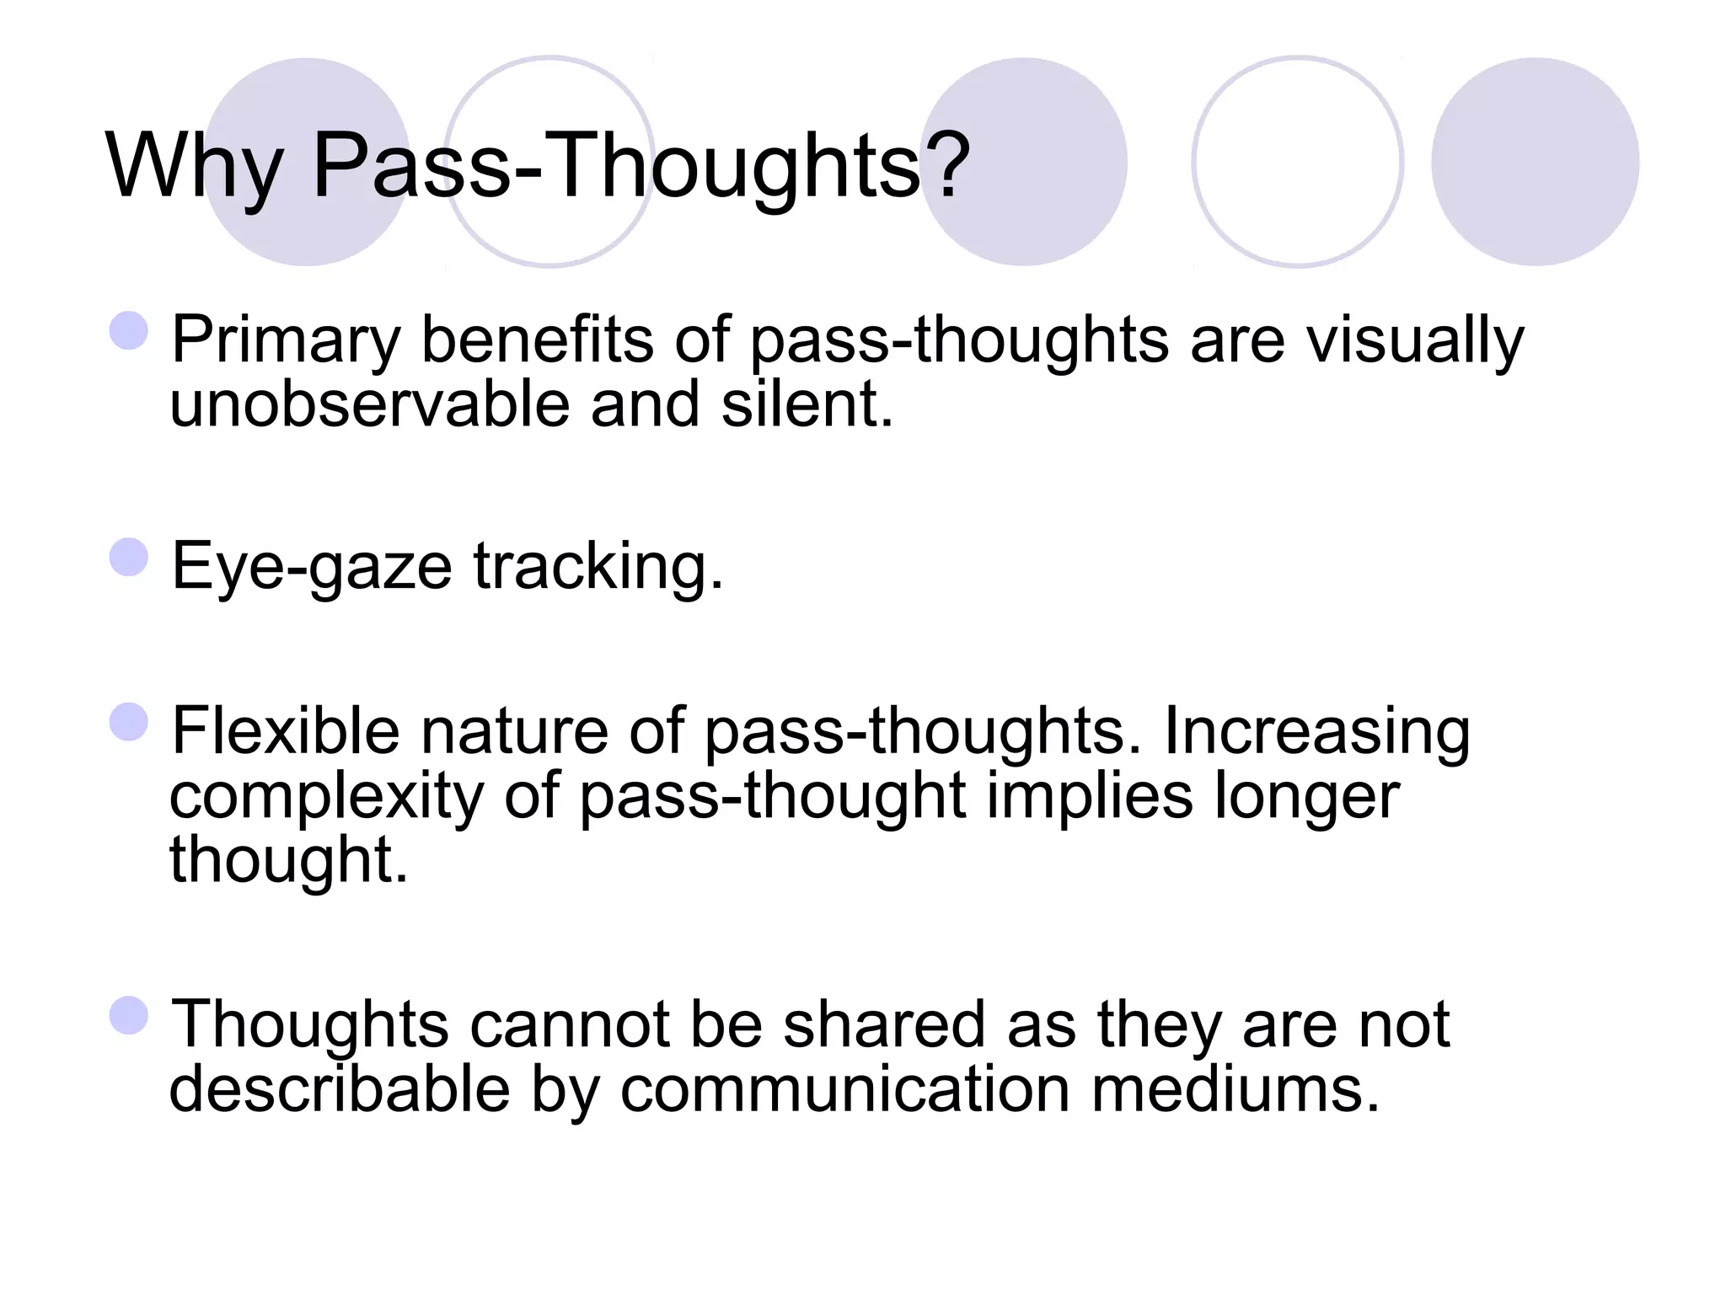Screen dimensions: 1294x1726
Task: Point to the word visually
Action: (x=1415, y=341)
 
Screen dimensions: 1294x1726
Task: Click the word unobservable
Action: (x=370, y=404)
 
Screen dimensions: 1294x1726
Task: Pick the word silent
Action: (x=806, y=404)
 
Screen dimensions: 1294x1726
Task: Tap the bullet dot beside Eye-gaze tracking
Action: (x=129, y=557)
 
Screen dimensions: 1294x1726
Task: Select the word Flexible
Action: (x=285, y=730)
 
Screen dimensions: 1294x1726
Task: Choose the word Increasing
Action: (x=1317, y=732)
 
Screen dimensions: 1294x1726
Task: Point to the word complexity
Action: (x=327, y=796)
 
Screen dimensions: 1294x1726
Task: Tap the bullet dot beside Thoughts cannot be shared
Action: (x=129, y=1015)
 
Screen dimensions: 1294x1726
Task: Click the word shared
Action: (x=884, y=1025)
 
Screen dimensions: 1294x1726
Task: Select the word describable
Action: (x=340, y=1089)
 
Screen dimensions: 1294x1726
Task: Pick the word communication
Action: (x=845, y=1089)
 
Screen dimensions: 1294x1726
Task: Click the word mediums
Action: (x=1235, y=1089)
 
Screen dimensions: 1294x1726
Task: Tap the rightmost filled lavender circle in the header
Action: (x=1535, y=162)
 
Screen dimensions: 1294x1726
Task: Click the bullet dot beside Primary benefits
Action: (x=129, y=330)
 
